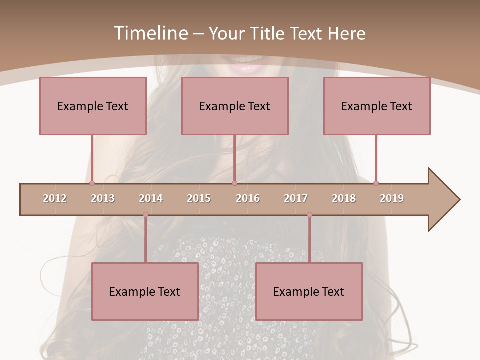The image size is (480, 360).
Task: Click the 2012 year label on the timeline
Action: [x=55, y=198]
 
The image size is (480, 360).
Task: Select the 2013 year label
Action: [x=103, y=198]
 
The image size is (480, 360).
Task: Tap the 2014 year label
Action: [x=151, y=198]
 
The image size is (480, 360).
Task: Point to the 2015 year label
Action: [x=199, y=198]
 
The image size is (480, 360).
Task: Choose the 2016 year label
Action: [x=248, y=198]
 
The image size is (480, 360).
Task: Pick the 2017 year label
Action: [x=296, y=198]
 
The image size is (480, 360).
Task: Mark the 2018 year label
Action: [x=344, y=198]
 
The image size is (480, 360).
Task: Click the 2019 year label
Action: [x=392, y=198]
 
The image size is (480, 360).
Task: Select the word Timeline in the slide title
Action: [x=150, y=33]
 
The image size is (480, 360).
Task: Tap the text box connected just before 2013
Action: [x=93, y=106]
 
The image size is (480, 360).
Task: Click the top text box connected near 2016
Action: [x=235, y=106]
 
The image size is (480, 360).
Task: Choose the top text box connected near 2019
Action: [x=377, y=106]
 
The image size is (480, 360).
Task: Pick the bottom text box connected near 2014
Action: [x=145, y=291]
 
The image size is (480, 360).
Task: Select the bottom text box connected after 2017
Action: [x=309, y=291]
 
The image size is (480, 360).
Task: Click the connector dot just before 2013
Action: [x=92, y=183]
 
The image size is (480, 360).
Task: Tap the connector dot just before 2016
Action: [x=234, y=183]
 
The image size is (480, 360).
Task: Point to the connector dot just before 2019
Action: [x=376, y=183]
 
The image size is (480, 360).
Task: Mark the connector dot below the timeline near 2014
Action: [x=145, y=215]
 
